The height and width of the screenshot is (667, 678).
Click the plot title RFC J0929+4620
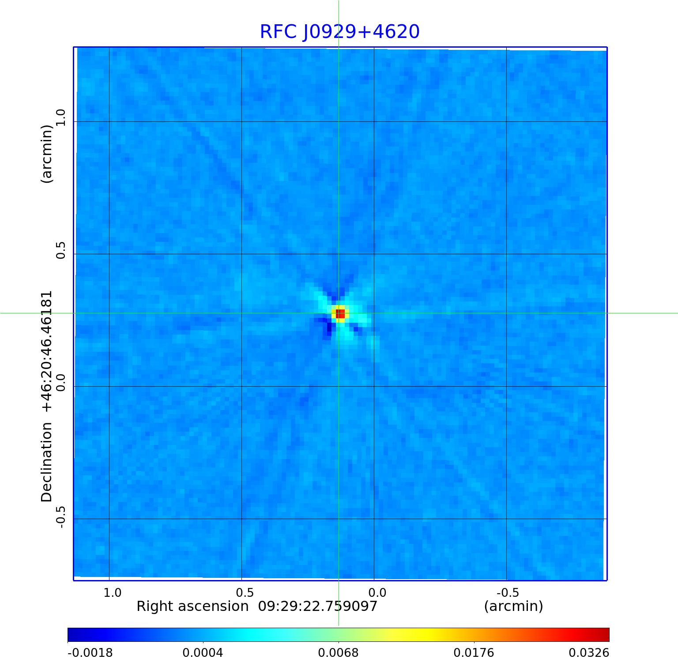tap(339, 32)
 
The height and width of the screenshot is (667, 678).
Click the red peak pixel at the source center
tap(340, 314)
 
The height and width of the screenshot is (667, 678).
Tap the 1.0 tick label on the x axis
tap(113, 592)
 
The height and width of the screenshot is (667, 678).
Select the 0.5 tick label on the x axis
tap(245, 592)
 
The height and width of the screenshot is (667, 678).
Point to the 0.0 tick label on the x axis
tap(377, 592)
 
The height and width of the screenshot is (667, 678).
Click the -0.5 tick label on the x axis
tap(507, 592)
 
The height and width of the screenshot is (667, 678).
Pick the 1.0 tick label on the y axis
tap(61, 117)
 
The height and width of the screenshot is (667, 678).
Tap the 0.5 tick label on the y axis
tap(61, 250)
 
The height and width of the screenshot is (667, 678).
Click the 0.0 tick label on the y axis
tap(61, 382)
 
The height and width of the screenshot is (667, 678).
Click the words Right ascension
tap(192, 606)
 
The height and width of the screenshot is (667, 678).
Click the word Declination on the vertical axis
tap(47, 462)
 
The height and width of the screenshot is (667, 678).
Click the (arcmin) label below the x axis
tap(513, 606)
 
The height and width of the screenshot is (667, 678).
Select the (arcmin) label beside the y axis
tap(47, 154)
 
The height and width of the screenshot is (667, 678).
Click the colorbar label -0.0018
tap(90, 652)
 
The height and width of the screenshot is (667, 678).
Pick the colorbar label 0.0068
tap(339, 652)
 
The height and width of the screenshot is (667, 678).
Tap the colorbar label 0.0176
tap(474, 652)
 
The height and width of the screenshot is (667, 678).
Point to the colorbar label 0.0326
tap(589, 652)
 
